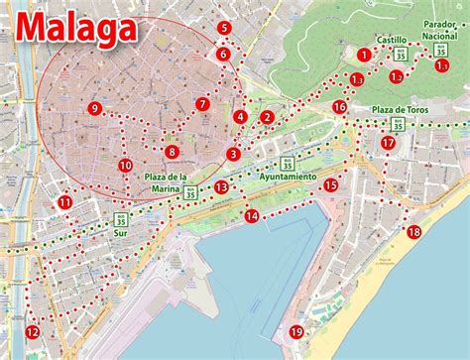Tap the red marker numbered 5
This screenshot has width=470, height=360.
coord(225,29)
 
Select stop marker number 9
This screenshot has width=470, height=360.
coord(93,109)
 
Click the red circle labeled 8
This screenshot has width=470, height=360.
coord(172,152)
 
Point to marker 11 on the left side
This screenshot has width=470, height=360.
coord(64,203)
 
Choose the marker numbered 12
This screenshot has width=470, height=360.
coord(32,332)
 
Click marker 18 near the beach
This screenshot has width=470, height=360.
coord(413,232)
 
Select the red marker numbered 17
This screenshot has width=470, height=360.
coord(388,143)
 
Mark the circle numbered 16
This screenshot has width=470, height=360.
coord(339,107)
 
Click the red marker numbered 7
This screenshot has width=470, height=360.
coord(202,104)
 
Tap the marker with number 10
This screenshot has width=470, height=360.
coord(125,166)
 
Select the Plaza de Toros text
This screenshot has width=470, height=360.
coord(401,109)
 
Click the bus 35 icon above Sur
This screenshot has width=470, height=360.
coord(121,215)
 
